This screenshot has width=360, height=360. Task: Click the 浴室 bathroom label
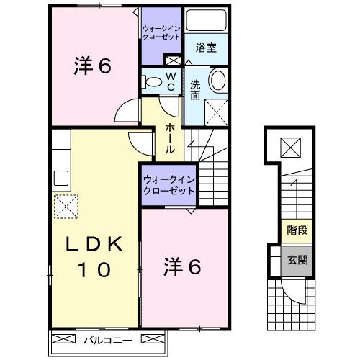[x=207, y=49]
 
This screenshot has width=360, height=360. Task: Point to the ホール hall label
[x=170, y=138]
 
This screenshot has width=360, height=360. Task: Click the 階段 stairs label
[x=296, y=231]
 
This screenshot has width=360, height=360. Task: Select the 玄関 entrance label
[x=296, y=261]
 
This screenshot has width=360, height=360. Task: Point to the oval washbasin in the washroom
[x=217, y=80]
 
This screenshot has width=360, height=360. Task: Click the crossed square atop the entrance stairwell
[x=291, y=148]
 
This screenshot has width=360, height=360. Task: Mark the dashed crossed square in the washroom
[x=215, y=111]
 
